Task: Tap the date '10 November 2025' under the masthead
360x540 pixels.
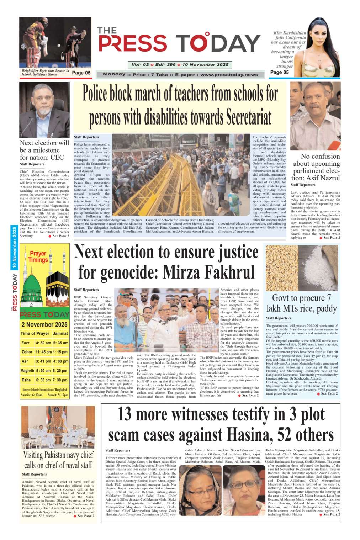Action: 205,65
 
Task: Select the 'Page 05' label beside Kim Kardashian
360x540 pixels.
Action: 279,72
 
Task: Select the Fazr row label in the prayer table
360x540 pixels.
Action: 26,343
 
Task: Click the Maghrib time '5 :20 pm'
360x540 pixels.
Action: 44,371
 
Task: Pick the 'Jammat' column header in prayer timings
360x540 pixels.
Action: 60,333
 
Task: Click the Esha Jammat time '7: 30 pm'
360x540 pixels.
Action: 60,380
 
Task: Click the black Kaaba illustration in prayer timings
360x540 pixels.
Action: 57,281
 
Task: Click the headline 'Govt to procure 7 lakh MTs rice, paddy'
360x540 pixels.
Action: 301,303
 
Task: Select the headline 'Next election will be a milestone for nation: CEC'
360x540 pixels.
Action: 44,150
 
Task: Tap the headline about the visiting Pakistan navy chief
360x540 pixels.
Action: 58,460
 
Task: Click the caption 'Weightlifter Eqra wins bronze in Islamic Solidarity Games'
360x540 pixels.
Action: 45,73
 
